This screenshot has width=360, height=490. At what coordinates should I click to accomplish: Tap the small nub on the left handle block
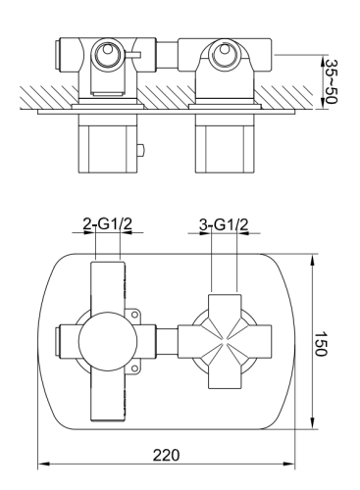click(143, 150)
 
